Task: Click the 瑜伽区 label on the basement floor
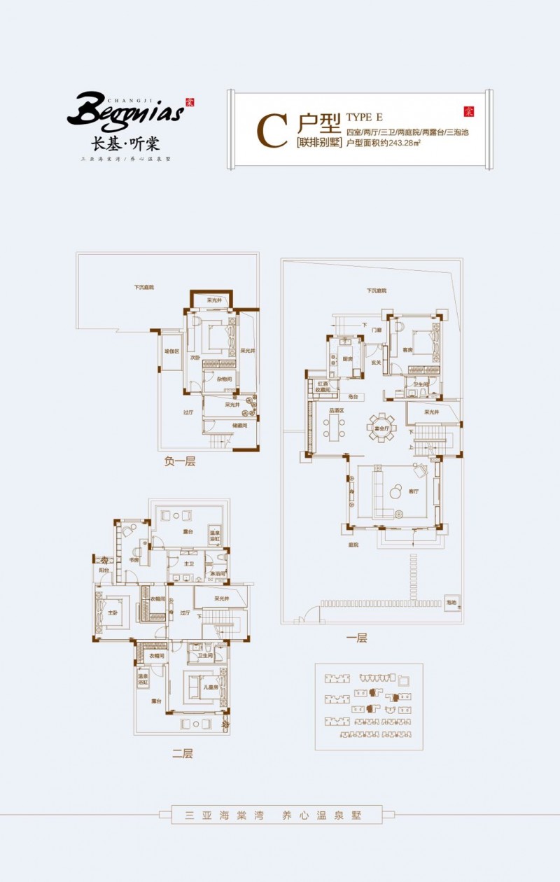click(x=171, y=351)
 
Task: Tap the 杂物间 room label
click(x=223, y=379)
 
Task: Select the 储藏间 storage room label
click(x=241, y=425)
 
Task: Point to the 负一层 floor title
click(x=179, y=461)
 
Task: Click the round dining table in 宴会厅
click(x=381, y=427)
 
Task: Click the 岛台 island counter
click(x=355, y=397)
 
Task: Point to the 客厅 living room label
click(x=414, y=491)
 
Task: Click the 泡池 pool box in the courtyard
click(x=451, y=602)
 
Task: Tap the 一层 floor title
click(x=356, y=638)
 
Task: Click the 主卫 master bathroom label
click(x=188, y=563)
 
